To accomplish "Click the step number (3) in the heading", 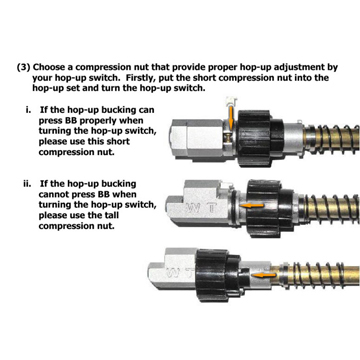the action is click(x=24, y=67).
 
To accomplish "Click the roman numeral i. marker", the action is click(x=29, y=110).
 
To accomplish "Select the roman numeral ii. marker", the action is click(x=28, y=184).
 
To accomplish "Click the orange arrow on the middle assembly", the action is click(x=252, y=206).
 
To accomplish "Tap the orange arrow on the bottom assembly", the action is click(x=264, y=275).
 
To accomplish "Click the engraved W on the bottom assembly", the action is click(x=176, y=272).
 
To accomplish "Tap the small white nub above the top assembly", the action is click(x=231, y=100).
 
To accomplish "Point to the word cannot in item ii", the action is click(x=53, y=194).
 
